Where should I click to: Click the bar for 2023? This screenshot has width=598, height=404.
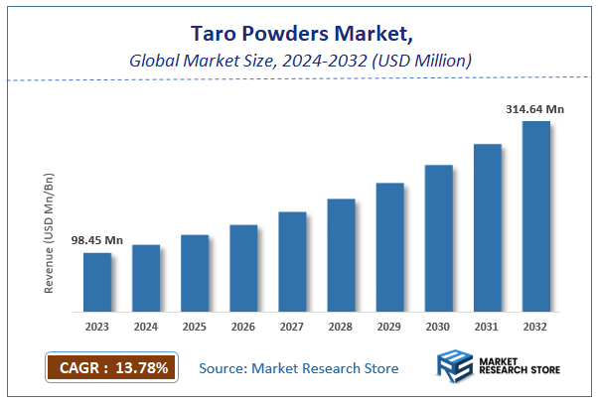tap(96, 282)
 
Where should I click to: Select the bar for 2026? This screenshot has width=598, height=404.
tap(243, 268)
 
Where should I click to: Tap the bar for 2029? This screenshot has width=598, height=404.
tap(389, 247)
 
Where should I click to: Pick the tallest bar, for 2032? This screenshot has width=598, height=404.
tap(536, 216)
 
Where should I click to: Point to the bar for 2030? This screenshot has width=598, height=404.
tap(439, 238)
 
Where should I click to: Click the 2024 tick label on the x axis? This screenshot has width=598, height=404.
tap(146, 325)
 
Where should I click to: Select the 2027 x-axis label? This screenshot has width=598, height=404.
tap(292, 325)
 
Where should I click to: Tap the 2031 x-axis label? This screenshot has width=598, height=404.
tap(488, 325)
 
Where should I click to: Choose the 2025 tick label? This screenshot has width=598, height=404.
tap(195, 325)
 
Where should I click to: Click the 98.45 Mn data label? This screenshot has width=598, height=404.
tap(96, 240)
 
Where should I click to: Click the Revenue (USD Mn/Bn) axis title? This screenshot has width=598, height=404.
tap(49, 233)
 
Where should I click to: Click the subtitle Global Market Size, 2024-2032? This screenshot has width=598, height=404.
tap(299, 62)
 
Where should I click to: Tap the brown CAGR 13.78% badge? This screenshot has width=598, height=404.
tap(112, 368)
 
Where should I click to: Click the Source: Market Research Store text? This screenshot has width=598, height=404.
tap(299, 368)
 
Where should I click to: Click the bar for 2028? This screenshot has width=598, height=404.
tap(341, 255)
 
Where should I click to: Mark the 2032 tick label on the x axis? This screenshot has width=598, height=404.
tap(536, 325)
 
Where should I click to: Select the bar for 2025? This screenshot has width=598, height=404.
tap(195, 273)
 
